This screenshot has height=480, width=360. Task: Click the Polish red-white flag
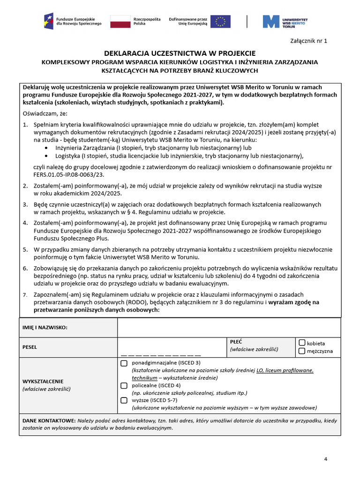click(x=120, y=21)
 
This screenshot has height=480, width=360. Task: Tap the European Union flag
click(x=220, y=21)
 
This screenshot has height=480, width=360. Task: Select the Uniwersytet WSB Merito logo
click(x=285, y=21)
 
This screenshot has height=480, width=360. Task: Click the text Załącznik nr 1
click(x=309, y=41)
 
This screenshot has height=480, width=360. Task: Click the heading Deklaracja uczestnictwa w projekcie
click(x=180, y=53)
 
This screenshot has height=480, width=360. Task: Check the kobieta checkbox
click(x=302, y=343)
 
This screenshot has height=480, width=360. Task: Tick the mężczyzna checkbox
click(x=302, y=351)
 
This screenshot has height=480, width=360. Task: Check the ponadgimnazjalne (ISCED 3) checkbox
click(x=124, y=363)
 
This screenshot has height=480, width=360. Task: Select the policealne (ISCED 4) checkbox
click(x=124, y=385)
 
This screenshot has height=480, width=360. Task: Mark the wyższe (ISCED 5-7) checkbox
click(x=124, y=400)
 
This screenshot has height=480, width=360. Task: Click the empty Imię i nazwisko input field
click(x=229, y=327)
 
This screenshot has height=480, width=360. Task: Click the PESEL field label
click(x=30, y=347)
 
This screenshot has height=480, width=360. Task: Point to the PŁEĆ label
click(x=236, y=342)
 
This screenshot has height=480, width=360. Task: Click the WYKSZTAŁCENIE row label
click(x=43, y=381)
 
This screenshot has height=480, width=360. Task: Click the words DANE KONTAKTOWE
click(x=49, y=420)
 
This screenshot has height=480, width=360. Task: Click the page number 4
click(x=325, y=459)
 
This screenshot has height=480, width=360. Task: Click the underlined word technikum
click(x=144, y=378)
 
